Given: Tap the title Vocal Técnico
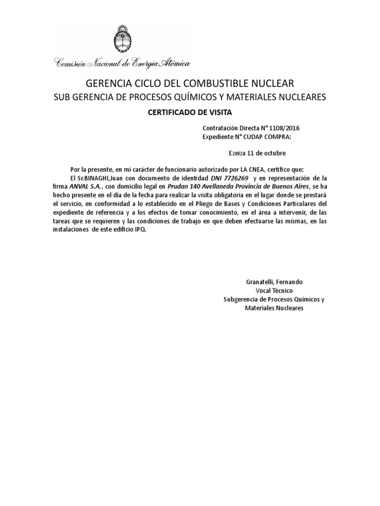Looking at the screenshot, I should [274, 291].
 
